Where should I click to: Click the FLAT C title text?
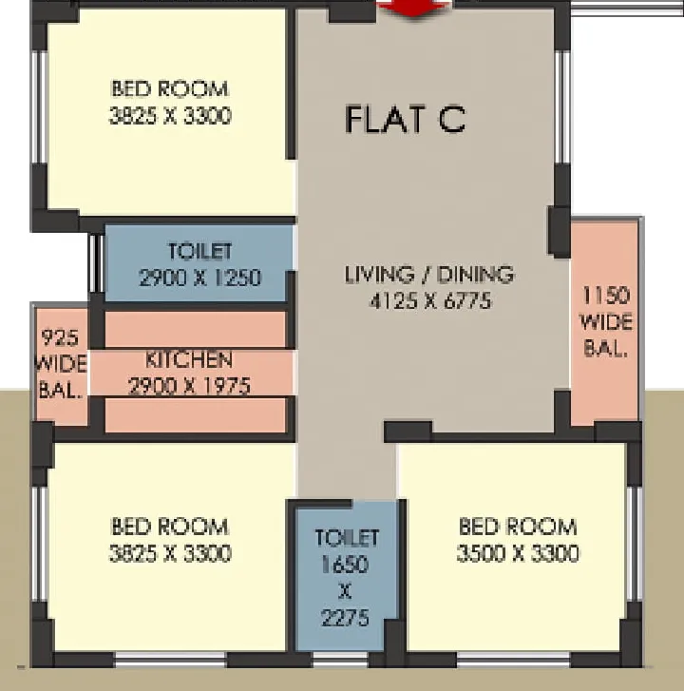406,119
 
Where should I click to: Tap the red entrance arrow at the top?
413,8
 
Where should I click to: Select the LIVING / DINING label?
429,274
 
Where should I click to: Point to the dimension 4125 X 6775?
429,301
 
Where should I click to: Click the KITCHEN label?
188,359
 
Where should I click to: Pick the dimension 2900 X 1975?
189,386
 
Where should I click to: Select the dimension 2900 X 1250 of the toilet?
199,278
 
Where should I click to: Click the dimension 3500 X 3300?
518,553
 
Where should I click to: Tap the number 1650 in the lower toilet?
345,565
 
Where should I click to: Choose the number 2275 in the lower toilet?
345,618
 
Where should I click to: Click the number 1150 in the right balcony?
605,295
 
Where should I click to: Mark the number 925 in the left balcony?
61,337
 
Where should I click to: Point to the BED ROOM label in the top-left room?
170,88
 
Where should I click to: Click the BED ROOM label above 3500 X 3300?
518,527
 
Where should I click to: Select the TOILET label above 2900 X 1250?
199,251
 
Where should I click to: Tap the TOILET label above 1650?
347,538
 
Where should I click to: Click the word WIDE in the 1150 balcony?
605,322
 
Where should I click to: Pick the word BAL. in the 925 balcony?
61,390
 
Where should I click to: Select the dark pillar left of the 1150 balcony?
559,232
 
